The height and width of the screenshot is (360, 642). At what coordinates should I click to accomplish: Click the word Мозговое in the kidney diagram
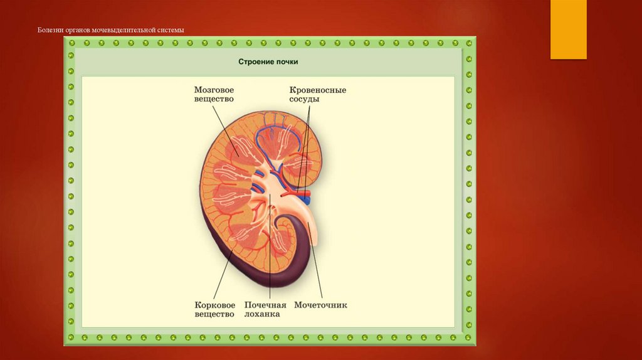pos(218,90)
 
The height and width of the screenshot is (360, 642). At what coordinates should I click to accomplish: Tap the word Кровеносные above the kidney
pos(318,90)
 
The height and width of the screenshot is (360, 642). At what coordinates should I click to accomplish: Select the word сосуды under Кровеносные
pos(305,99)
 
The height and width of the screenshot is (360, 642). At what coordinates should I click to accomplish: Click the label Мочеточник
pos(320,305)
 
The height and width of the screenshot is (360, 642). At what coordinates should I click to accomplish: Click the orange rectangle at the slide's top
pos(568,29)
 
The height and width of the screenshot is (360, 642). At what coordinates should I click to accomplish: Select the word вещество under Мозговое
pos(214,99)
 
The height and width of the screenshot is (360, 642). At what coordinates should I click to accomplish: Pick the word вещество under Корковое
pos(214,314)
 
